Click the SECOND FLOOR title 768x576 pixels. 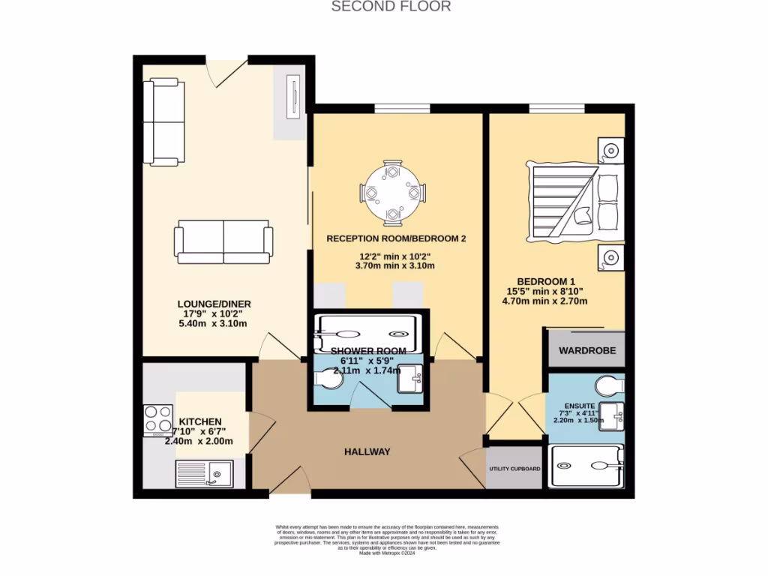[x=391, y=7]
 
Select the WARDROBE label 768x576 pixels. [x=586, y=350]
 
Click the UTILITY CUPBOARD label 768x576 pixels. [x=514, y=469]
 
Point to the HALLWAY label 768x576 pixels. [x=367, y=451]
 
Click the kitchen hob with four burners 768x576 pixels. [x=158, y=420]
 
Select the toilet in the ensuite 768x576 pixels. [x=608, y=386]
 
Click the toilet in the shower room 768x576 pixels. [x=328, y=381]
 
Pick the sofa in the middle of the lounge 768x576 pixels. [x=223, y=241]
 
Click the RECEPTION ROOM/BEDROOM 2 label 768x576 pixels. [x=396, y=238]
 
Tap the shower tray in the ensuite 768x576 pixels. [x=586, y=466]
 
